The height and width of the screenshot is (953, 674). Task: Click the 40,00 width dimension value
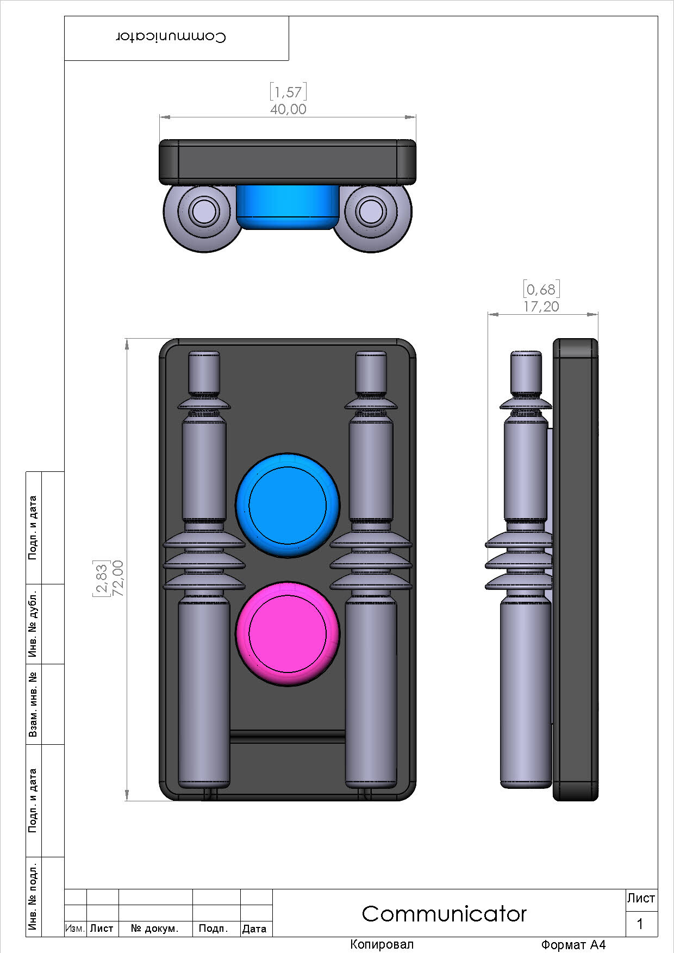pos(288,109)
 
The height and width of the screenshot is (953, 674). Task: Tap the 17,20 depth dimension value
pos(541,307)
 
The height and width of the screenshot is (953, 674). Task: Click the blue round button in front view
pos(288,505)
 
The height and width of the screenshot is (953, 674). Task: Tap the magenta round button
pos(288,633)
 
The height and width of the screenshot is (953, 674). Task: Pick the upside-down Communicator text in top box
pos(171,37)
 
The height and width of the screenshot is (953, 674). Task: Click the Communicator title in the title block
pos(444,913)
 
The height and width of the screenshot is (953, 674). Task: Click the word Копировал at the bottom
pos(382,944)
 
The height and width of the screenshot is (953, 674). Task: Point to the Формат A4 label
pos(573,945)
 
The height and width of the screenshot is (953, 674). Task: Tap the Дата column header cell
pos(254,929)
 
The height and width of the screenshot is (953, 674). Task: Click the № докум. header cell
pos(155,929)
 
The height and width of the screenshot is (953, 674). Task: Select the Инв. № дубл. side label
pos(34,624)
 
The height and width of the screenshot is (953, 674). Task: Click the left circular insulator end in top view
pos(204,210)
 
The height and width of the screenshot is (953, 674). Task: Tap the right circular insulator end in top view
pos(370,210)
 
